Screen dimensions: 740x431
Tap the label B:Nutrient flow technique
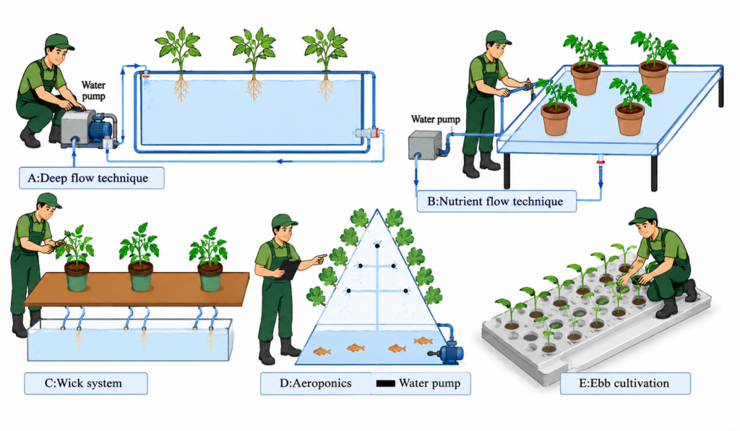pyautogui.click(x=496, y=201)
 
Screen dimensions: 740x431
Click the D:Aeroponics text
pyautogui.click(x=315, y=383)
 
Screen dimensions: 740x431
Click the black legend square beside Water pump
pyautogui.click(x=386, y=383)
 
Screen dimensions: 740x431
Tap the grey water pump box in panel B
pyautogui.click(x=425, y=145)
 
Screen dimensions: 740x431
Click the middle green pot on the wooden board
pyautogui.click(x=141, y=277)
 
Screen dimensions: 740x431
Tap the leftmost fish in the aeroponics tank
pyautogui.click(x=322, y=351)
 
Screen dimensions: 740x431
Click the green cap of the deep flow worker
pyautogui.click(x=59, y=41)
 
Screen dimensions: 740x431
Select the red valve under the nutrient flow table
pyautogui.click(x=601, y=163)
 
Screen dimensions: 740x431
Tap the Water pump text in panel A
pyautogui.click(x=93, y=90)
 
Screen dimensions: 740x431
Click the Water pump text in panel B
pyautogui.click(x=435, y=119)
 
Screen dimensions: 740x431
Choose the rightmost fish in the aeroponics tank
pyautogui.click(x=423, y=341)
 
